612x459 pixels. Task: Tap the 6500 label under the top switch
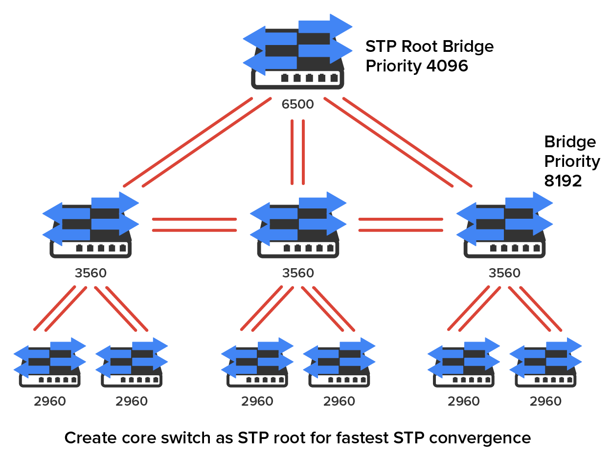[x=297, y=104]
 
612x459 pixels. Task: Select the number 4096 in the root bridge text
[x=447, y=66]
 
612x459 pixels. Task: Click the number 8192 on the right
[x=563, y=182]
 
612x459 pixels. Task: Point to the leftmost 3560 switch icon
[x=91, y=225]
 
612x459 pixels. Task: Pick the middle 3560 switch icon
[x=298, y=225]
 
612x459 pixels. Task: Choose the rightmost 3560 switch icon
[x=504, y=225]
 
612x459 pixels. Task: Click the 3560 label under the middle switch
[x=298, y=273]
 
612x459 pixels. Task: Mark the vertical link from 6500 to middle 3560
[x=297, y=152]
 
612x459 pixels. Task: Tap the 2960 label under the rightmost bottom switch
[x=545, y=402]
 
